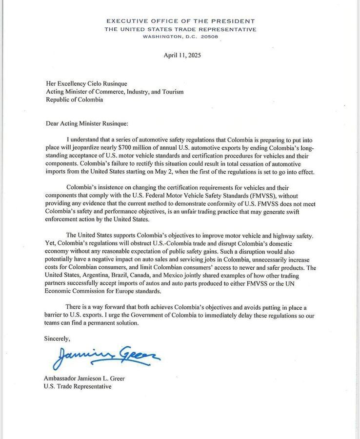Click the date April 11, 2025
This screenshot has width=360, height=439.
[x=182, y=55]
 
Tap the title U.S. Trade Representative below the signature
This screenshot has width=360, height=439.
[x=78, y=386]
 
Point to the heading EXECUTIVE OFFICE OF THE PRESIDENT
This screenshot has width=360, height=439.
[x=180, y=21]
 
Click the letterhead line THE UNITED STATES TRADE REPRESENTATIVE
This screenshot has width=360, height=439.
[x=180, y=29]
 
